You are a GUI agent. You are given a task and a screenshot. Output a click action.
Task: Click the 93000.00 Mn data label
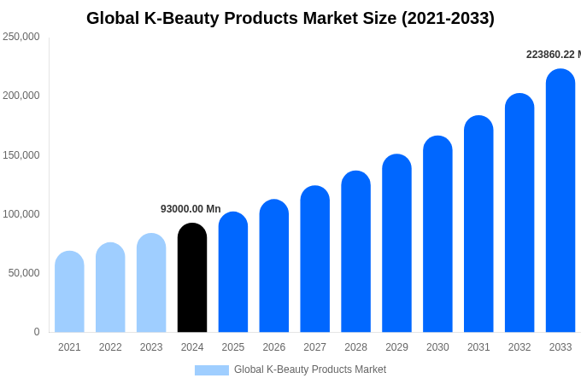point(191,209)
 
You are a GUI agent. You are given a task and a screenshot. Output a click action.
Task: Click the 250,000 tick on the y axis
point(21,37)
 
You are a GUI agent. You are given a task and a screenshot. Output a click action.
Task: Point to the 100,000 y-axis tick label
point(21,214)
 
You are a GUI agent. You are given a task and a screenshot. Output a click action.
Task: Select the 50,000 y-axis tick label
point(24,273)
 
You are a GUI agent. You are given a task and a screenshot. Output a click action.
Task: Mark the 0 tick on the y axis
point(37,332)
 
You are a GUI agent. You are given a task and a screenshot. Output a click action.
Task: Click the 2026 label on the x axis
point(274,347)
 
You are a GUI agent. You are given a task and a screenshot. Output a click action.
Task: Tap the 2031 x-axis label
point(478,347)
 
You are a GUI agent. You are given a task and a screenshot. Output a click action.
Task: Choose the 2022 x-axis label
point(110,347)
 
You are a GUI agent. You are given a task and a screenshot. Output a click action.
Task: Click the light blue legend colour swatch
point(212,370)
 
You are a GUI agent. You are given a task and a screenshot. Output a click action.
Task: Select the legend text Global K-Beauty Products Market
point(310,369)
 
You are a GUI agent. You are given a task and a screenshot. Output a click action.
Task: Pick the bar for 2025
point(233,272)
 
